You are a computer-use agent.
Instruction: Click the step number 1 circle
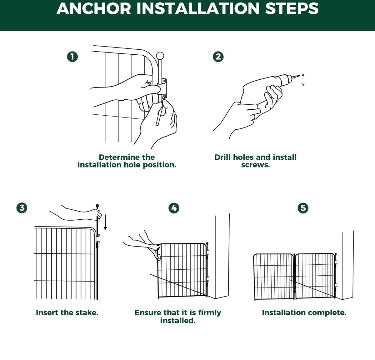(72, 57)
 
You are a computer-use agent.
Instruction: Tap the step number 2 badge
(218, 57)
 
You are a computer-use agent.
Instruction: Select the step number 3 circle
(22, 208)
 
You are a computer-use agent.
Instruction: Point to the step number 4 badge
(174, 208)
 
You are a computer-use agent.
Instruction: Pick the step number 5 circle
(303, 208)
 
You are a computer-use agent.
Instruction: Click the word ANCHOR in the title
(94, 9)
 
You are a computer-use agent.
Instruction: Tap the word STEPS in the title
(292, 9)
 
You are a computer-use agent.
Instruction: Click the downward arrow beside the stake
(105, 222)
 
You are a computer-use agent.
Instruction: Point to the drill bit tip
(300, 76)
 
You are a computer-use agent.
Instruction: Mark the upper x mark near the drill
(303, 75)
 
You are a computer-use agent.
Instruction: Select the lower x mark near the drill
(303, 84)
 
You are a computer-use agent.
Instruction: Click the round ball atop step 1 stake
(160, 56)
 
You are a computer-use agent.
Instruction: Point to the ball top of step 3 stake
(97, 206)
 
